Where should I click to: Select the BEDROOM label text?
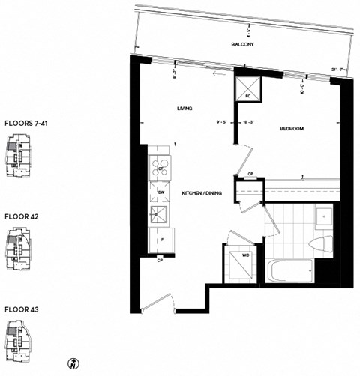point(291,129)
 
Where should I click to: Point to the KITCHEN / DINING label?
point(201,193)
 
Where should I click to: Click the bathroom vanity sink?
point(324,217)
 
